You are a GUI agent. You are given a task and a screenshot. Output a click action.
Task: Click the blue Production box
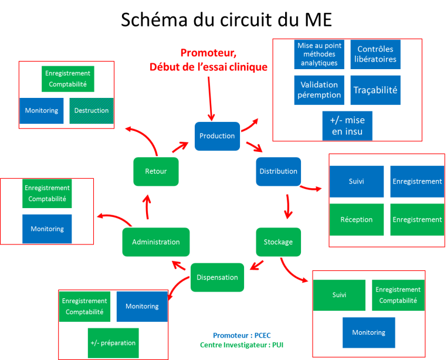tap(217, 136)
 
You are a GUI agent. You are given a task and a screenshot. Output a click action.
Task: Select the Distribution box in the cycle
tap(278, 172)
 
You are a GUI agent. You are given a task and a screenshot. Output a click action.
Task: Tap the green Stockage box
tap(278, 242)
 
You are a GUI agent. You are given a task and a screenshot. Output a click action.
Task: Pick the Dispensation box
tap(217, 277)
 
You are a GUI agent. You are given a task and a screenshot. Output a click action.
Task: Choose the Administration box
tap(156, 242)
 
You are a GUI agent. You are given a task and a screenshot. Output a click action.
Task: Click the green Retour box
tap(156, 172)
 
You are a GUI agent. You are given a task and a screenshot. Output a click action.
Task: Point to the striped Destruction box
tap(92, 111)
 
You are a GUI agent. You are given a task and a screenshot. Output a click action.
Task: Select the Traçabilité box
tap(375, 90)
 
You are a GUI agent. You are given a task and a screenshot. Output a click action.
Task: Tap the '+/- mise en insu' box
tap(347, 125)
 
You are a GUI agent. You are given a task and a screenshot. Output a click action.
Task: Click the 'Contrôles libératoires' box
tap(375, 54)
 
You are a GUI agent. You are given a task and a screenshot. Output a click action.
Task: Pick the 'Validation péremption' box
tap(319, 90)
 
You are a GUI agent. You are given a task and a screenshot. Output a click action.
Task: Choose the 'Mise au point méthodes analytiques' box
tap(319, 54)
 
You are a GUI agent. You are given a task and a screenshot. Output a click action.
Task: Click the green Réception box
tap(356, 219)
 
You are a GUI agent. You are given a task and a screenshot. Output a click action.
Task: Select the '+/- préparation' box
tap(113, 343)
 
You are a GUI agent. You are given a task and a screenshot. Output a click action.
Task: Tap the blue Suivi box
tap(356, 182)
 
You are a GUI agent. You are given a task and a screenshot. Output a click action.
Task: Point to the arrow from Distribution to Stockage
tap(288, 206)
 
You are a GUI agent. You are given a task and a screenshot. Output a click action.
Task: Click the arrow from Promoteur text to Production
tap(210, 99)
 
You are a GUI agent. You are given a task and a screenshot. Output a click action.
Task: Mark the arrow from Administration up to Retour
tap(147, 207)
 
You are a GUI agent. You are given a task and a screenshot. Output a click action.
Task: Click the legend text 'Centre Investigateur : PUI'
tap(242, 345)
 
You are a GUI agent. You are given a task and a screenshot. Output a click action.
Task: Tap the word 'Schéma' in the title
tap(154, 20)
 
